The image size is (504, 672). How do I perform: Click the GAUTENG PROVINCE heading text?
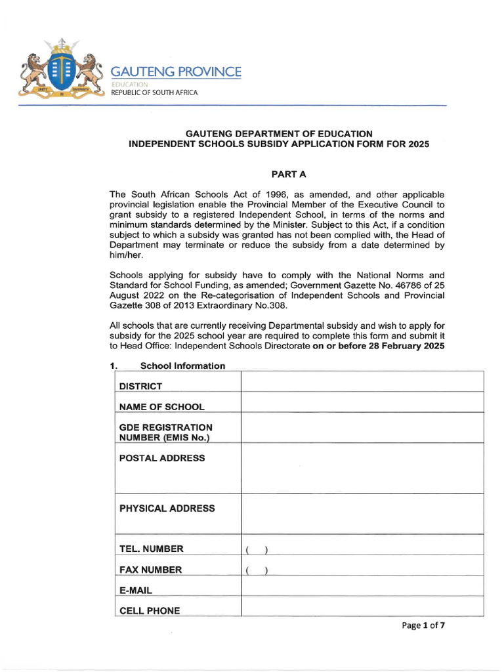point(176,72)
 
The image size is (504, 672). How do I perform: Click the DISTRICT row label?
point(140,387)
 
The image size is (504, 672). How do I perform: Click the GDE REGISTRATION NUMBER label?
point(165,432)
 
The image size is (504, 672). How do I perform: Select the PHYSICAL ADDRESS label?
point(167,509)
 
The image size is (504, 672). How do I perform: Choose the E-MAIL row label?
point(136,591)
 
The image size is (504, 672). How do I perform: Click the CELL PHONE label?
point(149,611)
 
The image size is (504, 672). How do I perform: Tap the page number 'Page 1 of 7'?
point(423,625)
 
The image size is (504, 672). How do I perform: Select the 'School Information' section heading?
point(182,366)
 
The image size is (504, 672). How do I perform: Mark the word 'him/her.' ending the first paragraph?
point(128,255)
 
